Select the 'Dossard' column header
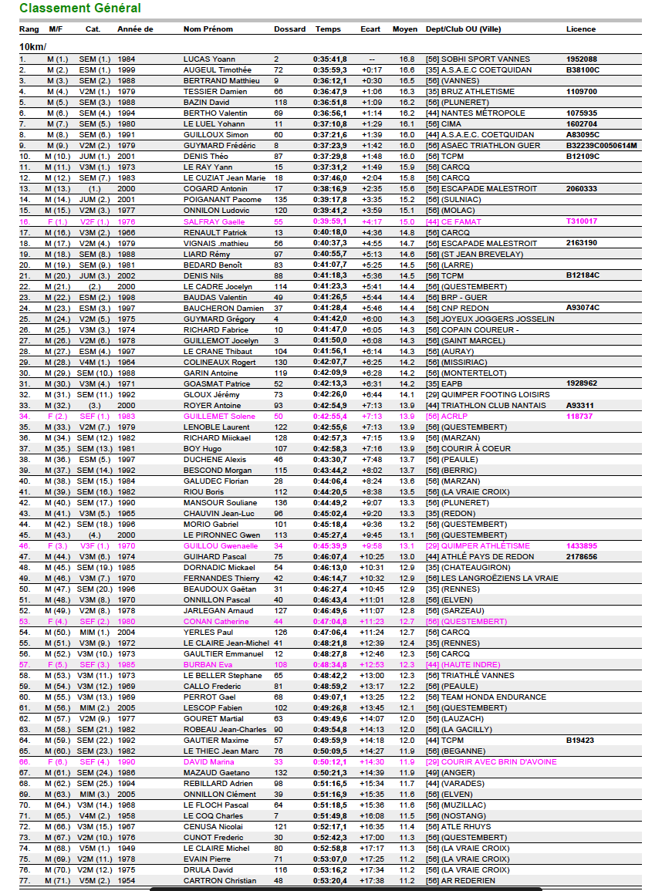click(289, 29)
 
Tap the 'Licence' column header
click(580, 29)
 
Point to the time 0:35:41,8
click(329, 59)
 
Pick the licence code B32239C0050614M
click(601, 146)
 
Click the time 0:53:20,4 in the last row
click(329, 880)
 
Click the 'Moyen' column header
click(405, 29)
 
